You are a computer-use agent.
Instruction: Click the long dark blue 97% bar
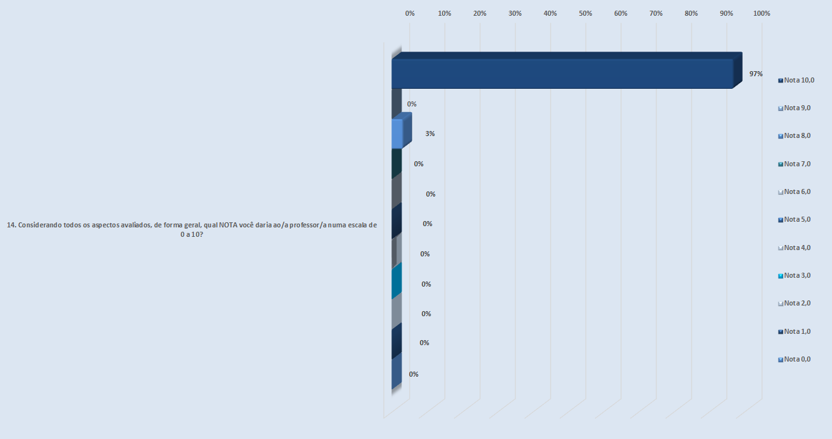tap(562, 73)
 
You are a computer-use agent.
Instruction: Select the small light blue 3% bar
tap(397, 134)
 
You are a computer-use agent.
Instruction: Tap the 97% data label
tap(756, 74)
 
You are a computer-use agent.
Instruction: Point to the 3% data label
tap(430, 134)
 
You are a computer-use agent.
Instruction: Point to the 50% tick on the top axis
tap(586, 13)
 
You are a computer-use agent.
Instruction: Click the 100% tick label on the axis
tap(762, 13)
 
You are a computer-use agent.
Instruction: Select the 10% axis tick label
tap(445, 13)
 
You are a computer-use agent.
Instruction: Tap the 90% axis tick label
tap(726, 13)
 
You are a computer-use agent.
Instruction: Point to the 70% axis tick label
tap(656, 13)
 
